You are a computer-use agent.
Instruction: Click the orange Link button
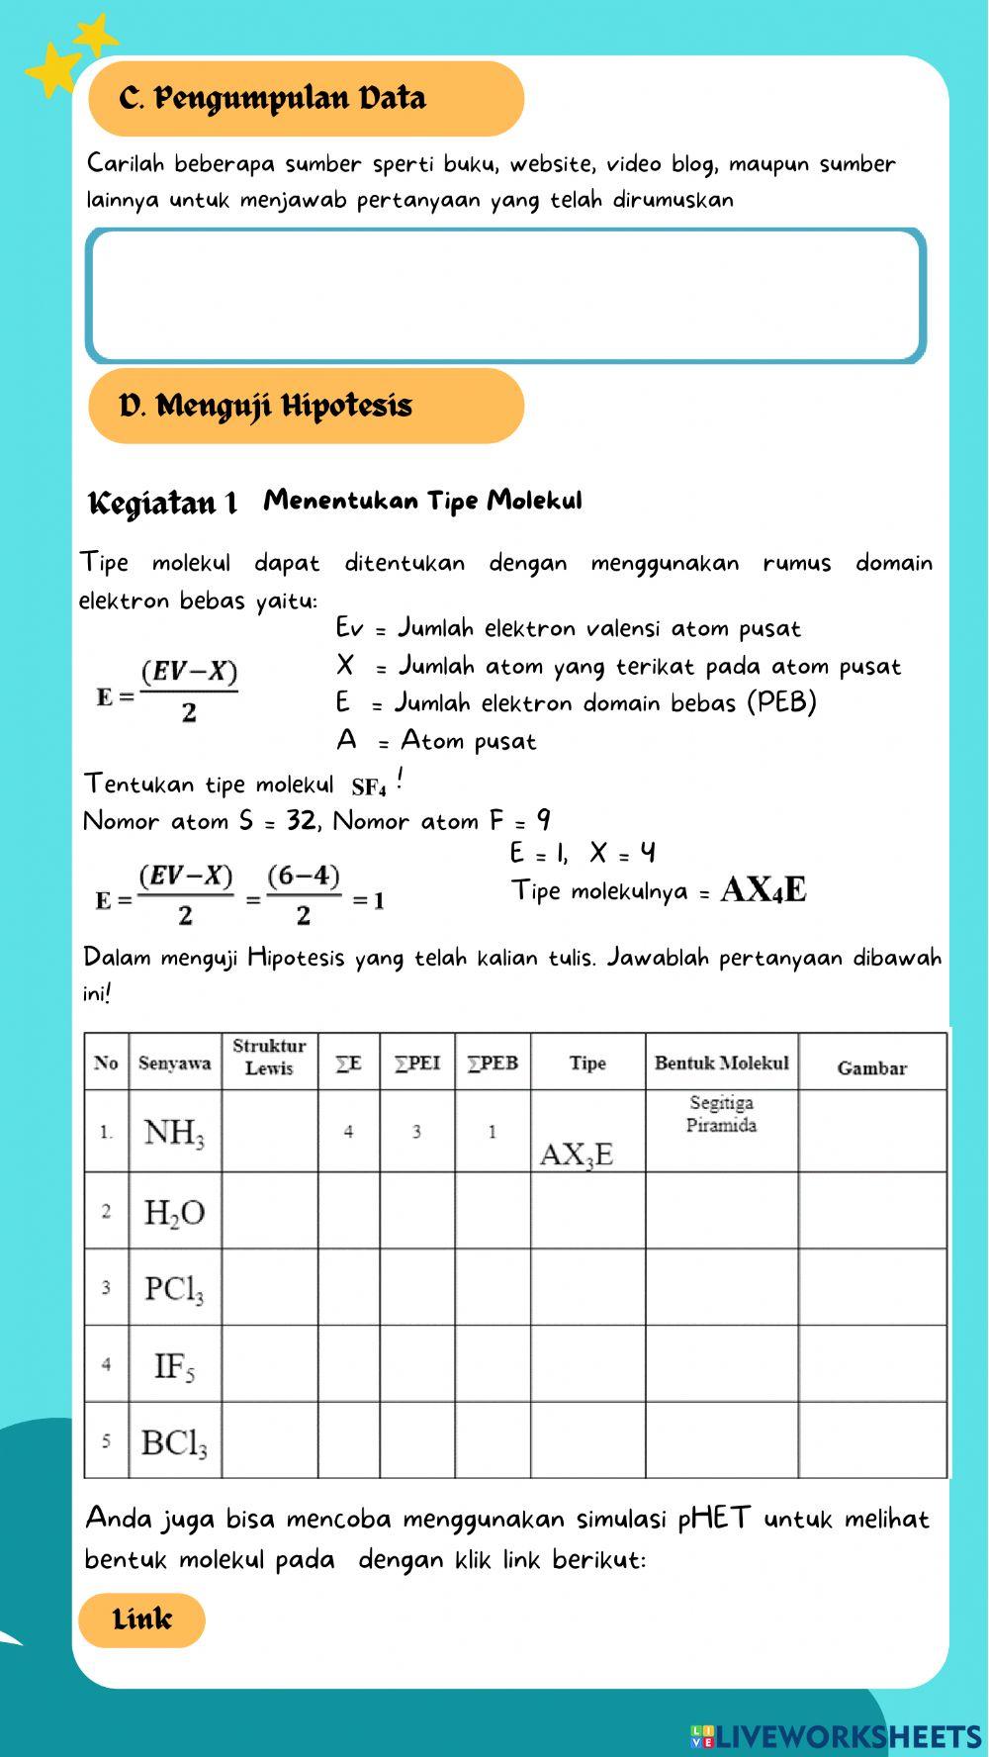141,1619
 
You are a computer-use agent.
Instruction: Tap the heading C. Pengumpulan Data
272,99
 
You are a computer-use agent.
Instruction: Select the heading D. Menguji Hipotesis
265,407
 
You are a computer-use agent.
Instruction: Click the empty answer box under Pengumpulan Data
505,296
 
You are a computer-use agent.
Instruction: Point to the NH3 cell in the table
174,1132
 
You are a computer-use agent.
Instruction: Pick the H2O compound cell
174,1212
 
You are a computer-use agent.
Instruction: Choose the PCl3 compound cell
174,1288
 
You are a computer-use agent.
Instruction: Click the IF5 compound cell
174,1366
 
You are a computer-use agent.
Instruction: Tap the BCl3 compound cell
174,1442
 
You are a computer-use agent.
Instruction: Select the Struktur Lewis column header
269,1058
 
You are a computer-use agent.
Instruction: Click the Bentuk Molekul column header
721,1063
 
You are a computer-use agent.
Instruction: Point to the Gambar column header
871,1068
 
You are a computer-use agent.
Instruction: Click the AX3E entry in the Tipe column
577,1155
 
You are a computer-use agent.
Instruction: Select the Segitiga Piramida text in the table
721,1114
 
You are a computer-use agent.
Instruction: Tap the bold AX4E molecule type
764,890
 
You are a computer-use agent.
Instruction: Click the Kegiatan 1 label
163,504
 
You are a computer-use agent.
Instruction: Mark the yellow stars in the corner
69,57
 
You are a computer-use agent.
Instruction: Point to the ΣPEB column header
493,1063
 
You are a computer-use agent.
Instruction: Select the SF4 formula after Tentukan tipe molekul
368,787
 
